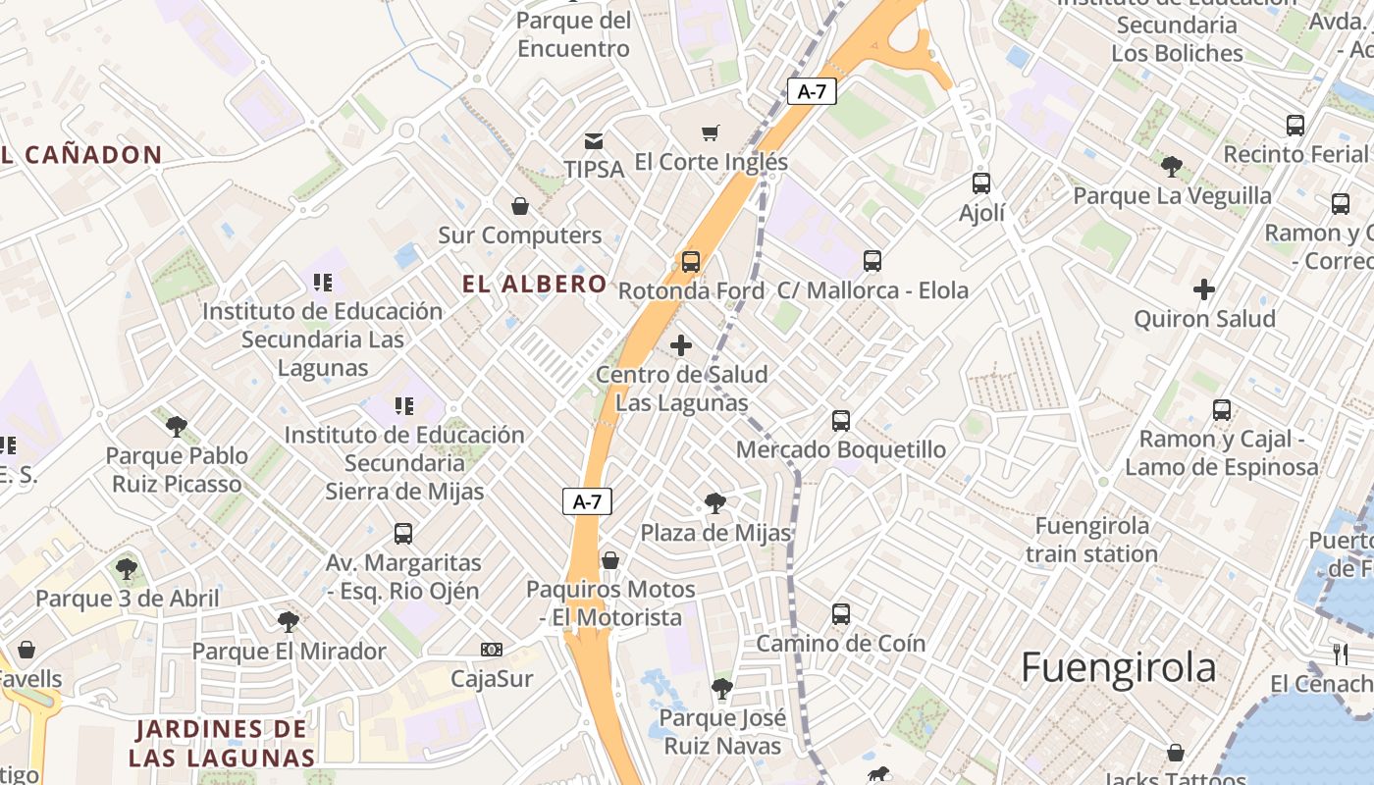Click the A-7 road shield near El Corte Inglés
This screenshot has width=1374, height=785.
point(812,91)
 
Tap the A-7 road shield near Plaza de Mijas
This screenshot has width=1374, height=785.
point(587,501)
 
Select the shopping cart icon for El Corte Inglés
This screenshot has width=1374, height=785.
point(711,132)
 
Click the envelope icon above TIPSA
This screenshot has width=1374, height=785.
point(594,140)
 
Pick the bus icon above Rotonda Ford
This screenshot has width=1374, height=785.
point(691,262)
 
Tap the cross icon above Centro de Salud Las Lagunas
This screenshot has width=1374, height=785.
point(680,345)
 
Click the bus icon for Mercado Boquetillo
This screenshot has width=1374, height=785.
point(841,421)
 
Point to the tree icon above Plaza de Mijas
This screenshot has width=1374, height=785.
point(715,504)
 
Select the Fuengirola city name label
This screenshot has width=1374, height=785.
point(1119,668)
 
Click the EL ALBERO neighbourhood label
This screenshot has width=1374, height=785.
point(535,285)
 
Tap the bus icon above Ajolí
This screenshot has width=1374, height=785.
point(981,183)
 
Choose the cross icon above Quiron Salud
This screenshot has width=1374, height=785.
point(1204,289)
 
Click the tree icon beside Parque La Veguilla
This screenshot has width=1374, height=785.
point(1171,166)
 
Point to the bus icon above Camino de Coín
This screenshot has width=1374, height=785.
point(841,614)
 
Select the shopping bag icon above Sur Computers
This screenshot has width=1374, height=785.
point(520,206)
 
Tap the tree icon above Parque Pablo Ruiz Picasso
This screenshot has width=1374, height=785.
point(177,426)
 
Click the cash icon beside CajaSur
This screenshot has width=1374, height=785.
point(492,650)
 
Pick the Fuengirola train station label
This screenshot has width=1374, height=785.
point(1091,540)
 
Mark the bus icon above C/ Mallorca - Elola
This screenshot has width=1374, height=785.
point(872,261)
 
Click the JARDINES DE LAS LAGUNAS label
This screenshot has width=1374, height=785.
point(222,743)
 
